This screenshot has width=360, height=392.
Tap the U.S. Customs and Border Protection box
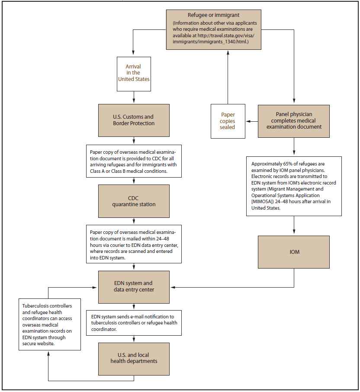tap(134, 120)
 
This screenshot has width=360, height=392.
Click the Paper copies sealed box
tap(228, 121)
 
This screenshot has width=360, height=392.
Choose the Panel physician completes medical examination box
tap(294, 121)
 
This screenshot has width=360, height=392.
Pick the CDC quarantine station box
tap(134, 201)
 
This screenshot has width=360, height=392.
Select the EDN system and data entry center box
tap(134, 287)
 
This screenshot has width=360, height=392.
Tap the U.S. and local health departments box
tap(134, 358)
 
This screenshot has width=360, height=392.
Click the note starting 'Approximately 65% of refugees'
tap(294, 186)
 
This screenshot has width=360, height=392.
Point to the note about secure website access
tap(49, 324)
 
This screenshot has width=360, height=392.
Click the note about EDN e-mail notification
tap(134, 322)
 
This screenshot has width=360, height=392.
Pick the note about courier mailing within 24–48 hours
tap(134, 244)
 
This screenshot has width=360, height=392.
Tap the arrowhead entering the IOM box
tap(294, 233)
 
